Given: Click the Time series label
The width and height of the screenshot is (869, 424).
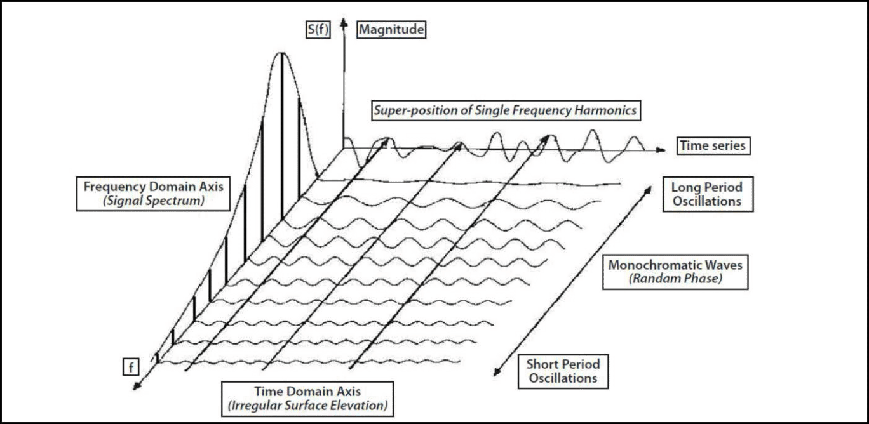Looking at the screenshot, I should [x=711, y=145].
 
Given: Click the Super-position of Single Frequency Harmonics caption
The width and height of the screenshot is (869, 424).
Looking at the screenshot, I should [x=504, y=110].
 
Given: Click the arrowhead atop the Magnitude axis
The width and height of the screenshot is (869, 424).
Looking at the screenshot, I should [x=344, y=22].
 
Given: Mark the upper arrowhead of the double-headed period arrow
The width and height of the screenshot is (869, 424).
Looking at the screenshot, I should [x=650, y=186].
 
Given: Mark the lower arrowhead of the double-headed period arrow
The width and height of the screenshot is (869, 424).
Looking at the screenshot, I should [x=497, y=373].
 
